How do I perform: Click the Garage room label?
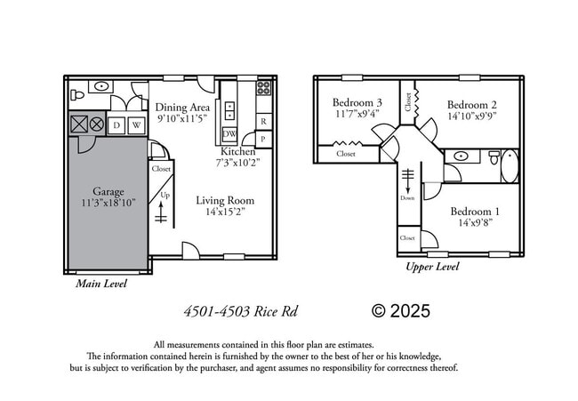[x=108, y=191]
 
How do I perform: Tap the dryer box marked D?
[x=116, y=125]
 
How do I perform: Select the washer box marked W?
[x=136, y=125]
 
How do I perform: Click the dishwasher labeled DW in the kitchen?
[x=229, y=134]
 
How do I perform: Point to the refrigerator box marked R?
[x=263, y=121]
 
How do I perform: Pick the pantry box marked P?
[x=263, y=139]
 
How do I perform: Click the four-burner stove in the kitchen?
[x=263, y=88]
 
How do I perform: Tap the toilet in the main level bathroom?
[x=76, y=92]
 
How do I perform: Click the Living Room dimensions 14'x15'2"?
[x=225, y=213]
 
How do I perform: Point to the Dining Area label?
[x=183, y=107]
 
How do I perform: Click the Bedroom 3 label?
[x=357, y=101]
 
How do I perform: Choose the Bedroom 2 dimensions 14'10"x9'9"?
[x=472, y=114]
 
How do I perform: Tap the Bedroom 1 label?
[x=474, y=212]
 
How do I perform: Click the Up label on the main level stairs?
[x=165, y=195]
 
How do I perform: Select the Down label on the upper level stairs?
[x=407, y=198]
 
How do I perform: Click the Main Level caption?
[x=100, y=284]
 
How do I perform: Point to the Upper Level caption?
[x=432, y=266]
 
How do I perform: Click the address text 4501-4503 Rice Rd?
[x=240, y=311]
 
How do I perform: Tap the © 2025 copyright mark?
[x=400, y=311]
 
